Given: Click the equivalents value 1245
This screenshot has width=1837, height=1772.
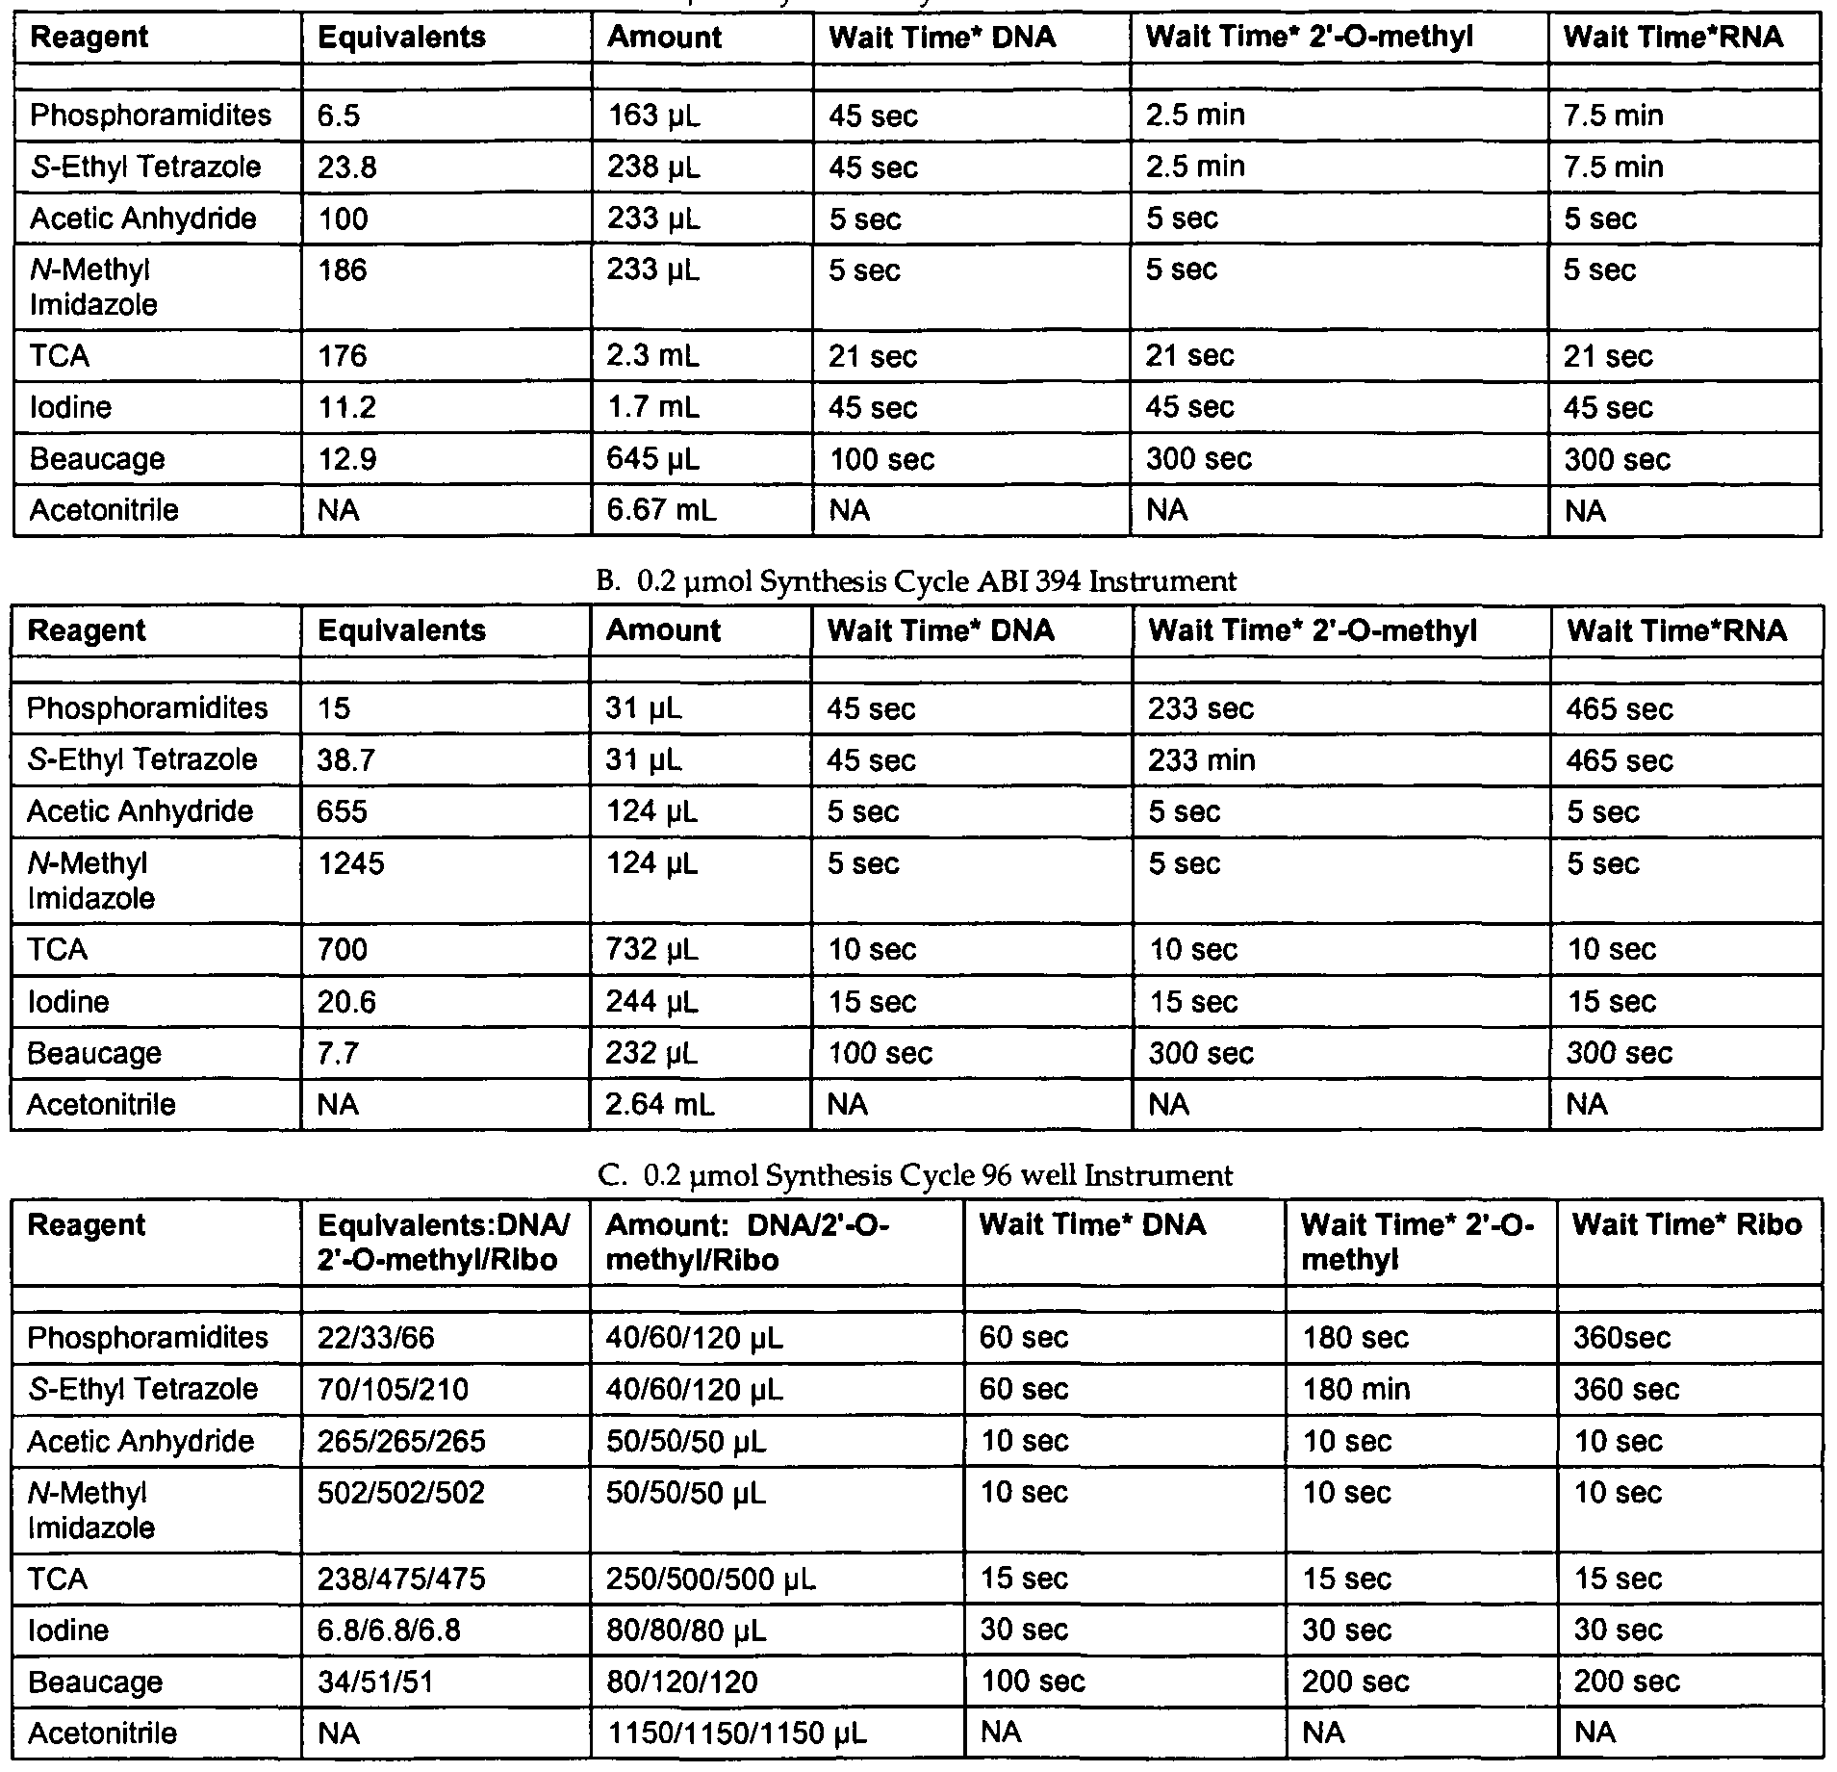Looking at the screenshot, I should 350,863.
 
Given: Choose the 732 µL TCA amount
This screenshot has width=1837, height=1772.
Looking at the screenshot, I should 651,950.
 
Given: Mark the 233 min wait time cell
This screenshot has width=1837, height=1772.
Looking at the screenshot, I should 1202,760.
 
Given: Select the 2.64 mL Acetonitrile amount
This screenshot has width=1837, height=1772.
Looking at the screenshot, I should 659,1104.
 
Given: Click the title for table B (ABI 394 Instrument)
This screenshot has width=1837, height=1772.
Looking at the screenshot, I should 916,581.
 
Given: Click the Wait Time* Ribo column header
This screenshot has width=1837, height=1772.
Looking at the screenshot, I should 1687,1224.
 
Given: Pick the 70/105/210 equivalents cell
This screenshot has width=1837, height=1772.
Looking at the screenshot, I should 393,1389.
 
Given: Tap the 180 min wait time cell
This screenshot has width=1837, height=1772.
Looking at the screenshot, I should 1356,1389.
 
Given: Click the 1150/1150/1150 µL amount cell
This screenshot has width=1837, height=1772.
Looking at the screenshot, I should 736,1733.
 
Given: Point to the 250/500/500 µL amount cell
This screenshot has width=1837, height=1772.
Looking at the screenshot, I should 710,1579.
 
